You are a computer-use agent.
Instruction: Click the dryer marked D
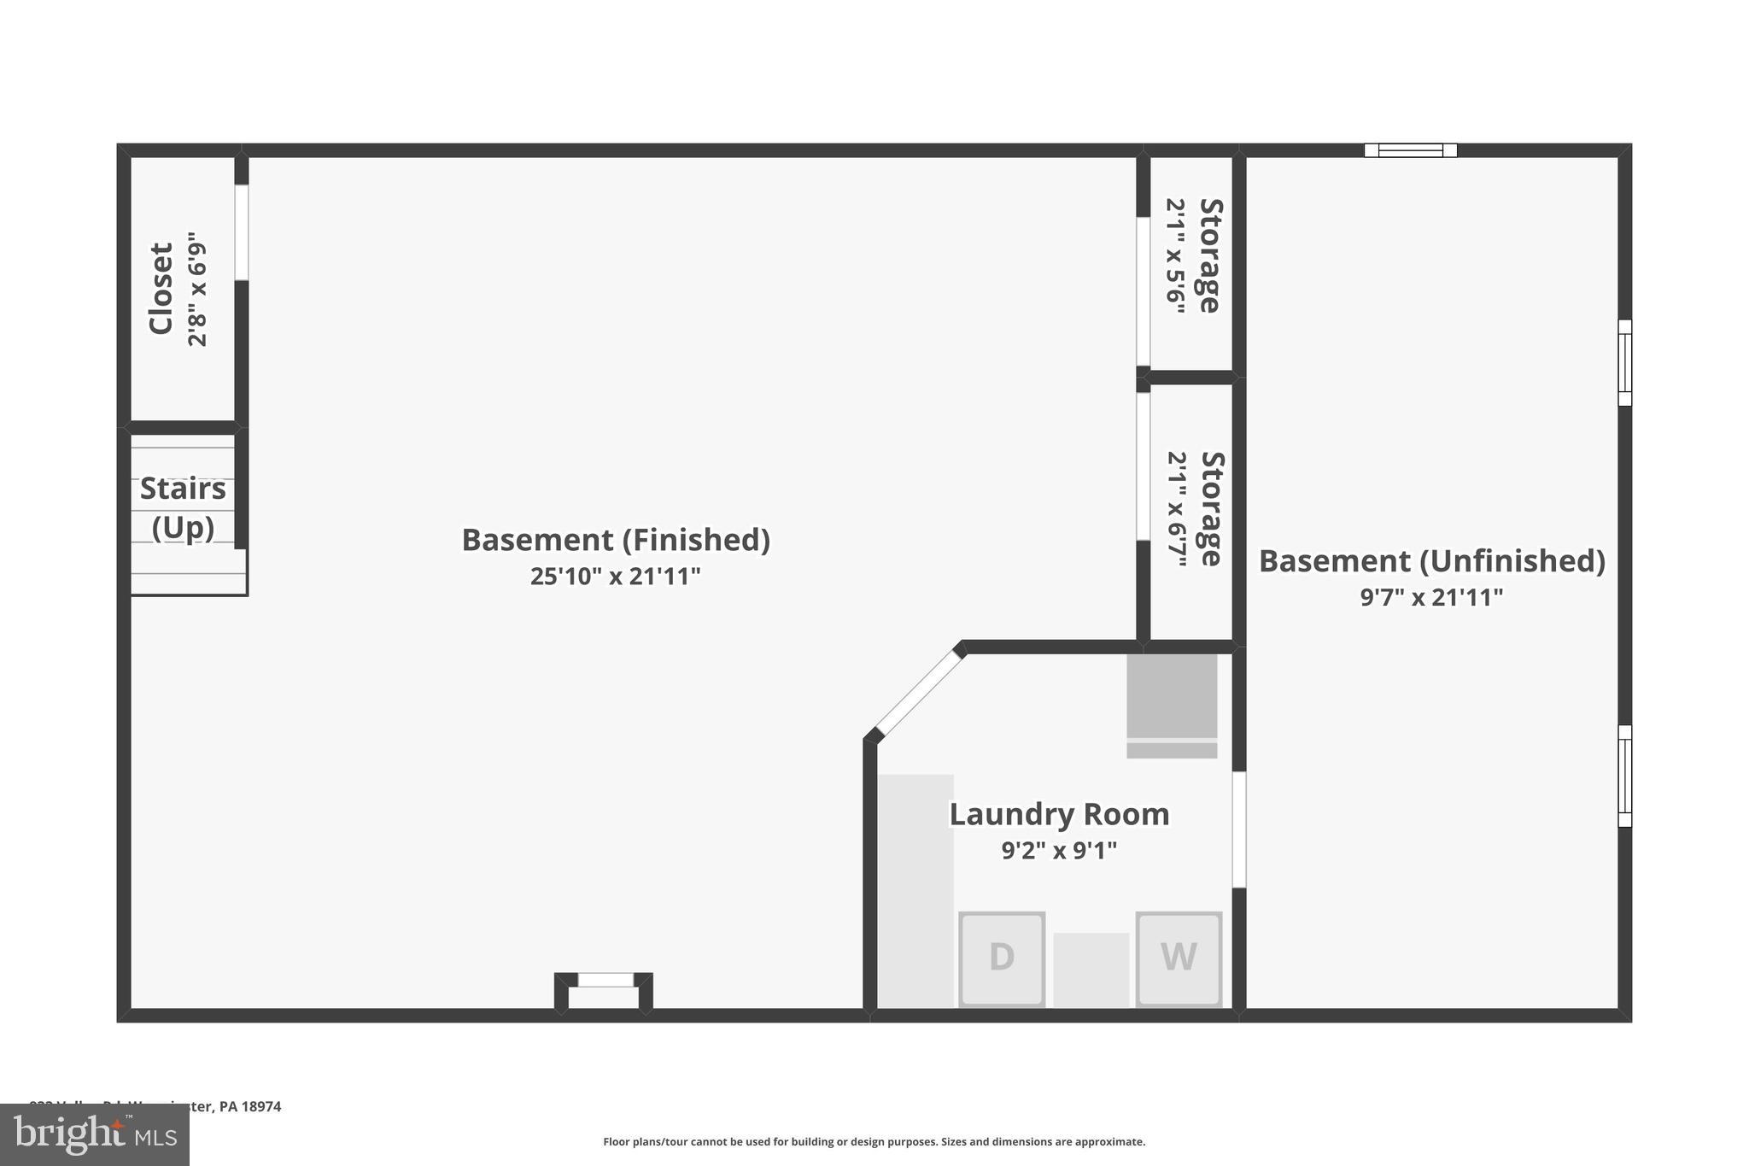[x=1001, y=958]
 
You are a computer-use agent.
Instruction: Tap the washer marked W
[x=1178, y=958]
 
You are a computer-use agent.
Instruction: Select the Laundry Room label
[x=1059, y=814]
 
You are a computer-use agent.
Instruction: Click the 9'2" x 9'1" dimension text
[x=1059, y=851]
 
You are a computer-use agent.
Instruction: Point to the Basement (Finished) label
[x=616, y=540]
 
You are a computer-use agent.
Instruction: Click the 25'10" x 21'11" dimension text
[x=615, y=577]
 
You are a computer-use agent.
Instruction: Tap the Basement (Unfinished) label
[x=1431, y=561]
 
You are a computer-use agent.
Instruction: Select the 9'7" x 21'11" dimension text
[x=1431, y=597]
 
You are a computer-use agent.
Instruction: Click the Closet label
[x=161, y=289]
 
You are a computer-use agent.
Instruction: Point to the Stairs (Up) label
[x=183, y=507]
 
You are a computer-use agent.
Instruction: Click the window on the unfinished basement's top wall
[x=1410, y=150]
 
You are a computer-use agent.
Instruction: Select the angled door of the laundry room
[x=917, y=693]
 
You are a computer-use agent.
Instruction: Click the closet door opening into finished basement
[x=242, y=232]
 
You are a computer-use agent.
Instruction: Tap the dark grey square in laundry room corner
[x=1172, y=695]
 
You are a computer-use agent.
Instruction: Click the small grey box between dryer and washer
[x=1091, y=970]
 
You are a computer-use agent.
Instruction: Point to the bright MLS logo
[x=95, y=1134]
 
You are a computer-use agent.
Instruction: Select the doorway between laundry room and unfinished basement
[x=1239, y=829]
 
